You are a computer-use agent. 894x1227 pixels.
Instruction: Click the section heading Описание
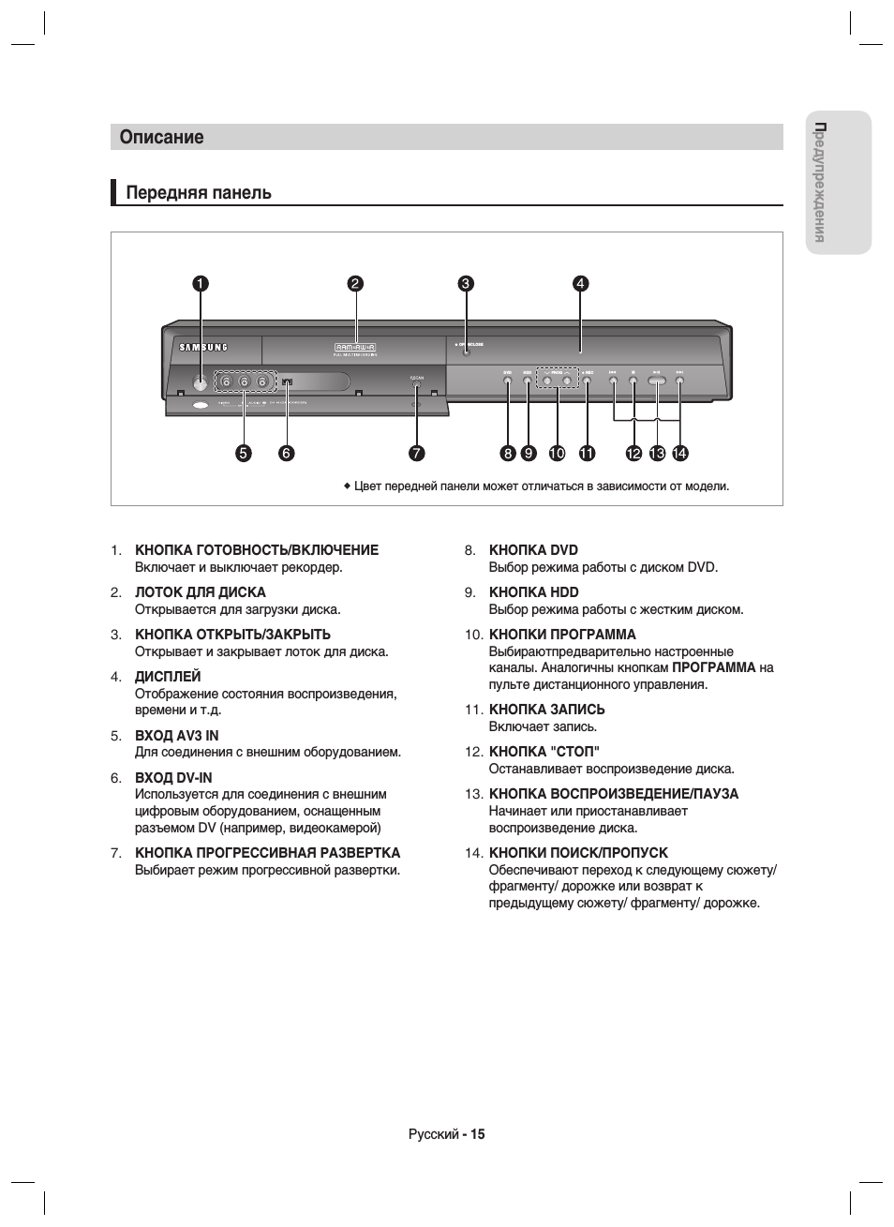pos(161,137)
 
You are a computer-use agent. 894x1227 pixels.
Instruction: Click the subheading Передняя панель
pos(199,192)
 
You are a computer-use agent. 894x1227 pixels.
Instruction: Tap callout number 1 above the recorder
pos(200,284)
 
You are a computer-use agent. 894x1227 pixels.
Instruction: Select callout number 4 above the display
pos(580,284)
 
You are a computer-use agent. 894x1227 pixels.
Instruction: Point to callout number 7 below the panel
pos(416,454)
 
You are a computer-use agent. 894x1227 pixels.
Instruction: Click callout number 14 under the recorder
pos(679,454)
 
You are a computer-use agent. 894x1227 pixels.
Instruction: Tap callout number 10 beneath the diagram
pos(557,454)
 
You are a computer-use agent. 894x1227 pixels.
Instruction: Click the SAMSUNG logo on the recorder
pos(202,347)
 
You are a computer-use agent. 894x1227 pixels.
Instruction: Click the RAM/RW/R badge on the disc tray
pos(355,348)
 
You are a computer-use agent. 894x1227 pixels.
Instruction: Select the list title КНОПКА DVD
pos(533,550)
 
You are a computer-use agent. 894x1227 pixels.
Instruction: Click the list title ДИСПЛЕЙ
pos(168,677)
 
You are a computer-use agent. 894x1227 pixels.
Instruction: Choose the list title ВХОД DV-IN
pos(173,778)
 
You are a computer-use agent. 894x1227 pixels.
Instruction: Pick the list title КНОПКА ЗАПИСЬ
pos(546,710)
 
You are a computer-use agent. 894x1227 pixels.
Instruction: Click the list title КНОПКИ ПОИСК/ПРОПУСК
pos(578,853)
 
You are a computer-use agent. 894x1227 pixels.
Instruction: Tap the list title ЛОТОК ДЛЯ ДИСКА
pos(201,592)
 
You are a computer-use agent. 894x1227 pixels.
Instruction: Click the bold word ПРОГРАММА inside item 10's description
pos(713,668)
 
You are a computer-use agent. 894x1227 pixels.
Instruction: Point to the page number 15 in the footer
pos(478,1134)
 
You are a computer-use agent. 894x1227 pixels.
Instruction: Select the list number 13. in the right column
pos(473,794)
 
